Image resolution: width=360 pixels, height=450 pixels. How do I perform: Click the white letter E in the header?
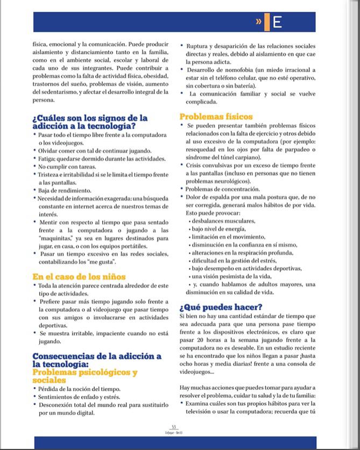point(277,22)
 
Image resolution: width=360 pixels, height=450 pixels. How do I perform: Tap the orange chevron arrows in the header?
point(259,22)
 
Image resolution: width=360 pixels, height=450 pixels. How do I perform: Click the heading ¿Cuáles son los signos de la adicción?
point(89,122)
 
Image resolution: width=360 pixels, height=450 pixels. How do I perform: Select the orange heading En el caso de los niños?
point(79,277)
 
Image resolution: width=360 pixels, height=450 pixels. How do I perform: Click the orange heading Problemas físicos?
point(216,117)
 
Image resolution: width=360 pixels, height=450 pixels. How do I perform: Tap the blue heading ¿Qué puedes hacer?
point(221,307)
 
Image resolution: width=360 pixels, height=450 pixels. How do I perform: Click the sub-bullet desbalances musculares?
point(224,221)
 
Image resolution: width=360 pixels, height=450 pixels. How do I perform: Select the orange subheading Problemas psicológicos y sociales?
point(85,376)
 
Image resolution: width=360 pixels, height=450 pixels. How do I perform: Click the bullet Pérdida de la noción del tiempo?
point(80,389)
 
